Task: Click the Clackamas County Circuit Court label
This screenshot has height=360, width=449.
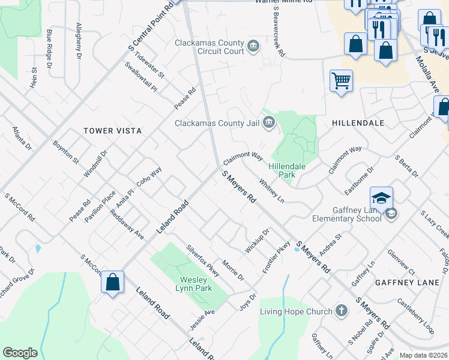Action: (x=209, y=47)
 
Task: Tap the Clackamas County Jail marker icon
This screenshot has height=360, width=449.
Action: (x=268, y=124)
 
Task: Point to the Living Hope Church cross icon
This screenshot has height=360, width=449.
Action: (x=342, y=311)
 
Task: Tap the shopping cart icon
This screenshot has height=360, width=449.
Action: (x=341, y=80)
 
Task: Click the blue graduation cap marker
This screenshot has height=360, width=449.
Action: (x=382, y=197)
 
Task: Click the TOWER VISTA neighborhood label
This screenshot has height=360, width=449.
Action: (x=112, y=131)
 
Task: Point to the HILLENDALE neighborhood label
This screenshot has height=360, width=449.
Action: (x=358, y=122)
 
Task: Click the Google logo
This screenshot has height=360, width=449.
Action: (x=20, y=353)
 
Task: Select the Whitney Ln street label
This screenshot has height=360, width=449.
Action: (x=271, y=190)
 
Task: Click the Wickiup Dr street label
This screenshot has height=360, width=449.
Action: (x=257, y=240)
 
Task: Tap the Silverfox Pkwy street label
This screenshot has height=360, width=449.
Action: (x=203, y=260)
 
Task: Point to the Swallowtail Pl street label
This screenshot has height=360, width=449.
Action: (x=140, y=77)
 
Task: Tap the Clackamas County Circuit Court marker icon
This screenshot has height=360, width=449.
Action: (x=253, y=46)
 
